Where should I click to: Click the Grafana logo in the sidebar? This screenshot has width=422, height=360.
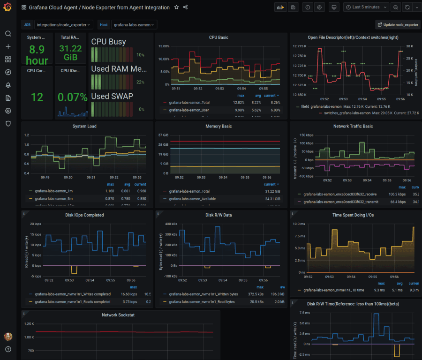[8, 8]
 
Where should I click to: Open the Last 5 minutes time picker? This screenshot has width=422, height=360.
[366, 7]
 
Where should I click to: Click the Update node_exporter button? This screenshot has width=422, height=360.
[398, 24]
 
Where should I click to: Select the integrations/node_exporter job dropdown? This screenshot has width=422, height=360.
[64, 24]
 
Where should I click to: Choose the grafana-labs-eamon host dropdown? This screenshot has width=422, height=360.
[134, 24]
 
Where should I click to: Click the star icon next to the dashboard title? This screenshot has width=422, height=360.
[176, 7]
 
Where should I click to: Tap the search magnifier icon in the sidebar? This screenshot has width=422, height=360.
[8, 34]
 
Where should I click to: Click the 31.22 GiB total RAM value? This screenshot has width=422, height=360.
[70, 52]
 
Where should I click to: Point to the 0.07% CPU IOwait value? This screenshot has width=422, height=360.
[70, 97]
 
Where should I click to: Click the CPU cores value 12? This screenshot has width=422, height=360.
[37, 97]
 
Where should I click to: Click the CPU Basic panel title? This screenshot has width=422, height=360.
[219, 37]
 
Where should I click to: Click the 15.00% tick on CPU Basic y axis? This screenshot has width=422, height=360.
[164, 46]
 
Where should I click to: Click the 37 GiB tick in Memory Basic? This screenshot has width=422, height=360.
[163, 135]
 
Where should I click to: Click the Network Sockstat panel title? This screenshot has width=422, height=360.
[118, 315]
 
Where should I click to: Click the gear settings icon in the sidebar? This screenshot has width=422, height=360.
[8, 111]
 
